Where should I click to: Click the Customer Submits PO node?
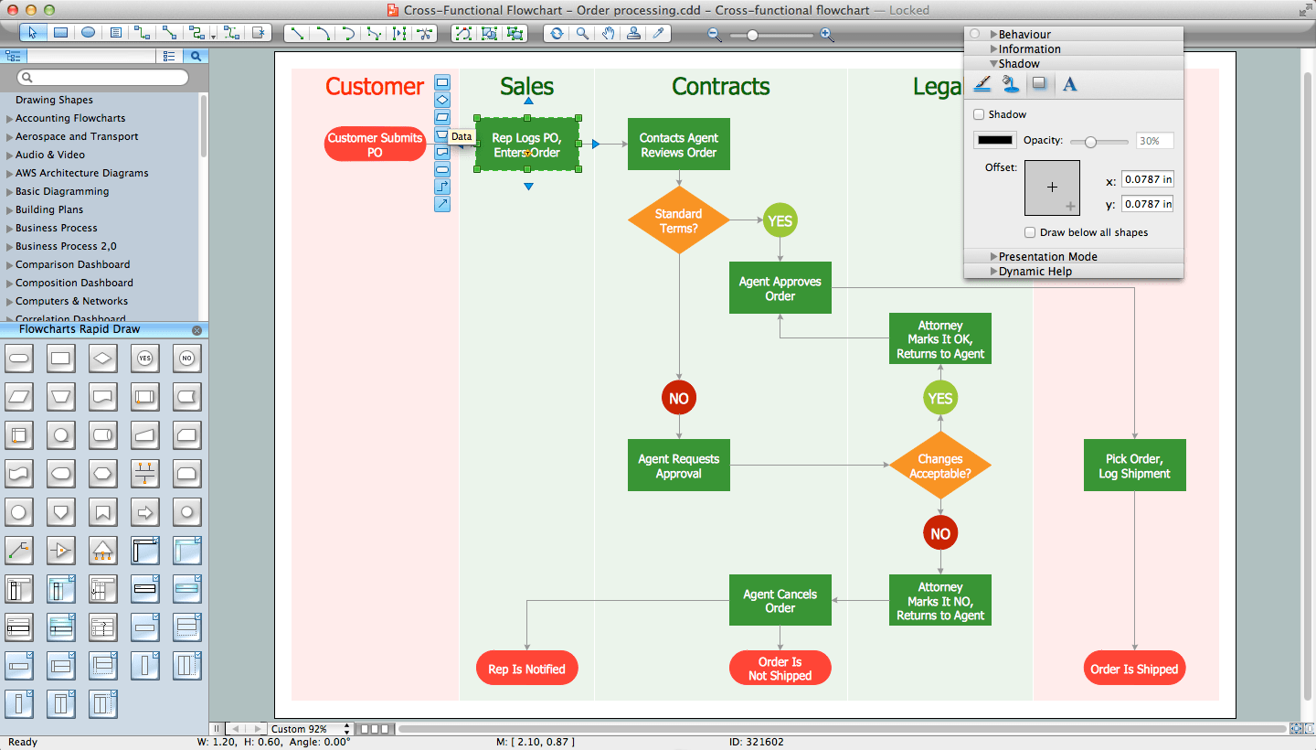tap(375, 145)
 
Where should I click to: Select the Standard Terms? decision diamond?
tap(678, 220)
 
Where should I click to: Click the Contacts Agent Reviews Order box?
tap(678, 145)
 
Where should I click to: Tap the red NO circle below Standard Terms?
tap(678, 398)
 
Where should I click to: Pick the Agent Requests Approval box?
tap(678, 466)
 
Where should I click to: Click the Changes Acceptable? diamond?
tap(939, 466)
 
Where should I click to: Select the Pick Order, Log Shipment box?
tap(1134, 466)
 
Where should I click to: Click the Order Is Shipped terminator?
tap(1134, 669)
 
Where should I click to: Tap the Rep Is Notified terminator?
tap(526, 669)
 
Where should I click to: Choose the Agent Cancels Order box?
tap(780, 600)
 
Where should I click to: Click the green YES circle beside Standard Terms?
tap(780, 220)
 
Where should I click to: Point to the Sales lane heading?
tap(526, 87)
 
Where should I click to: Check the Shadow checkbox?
tap(979, 114)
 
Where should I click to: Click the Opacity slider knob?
tap(1088, 141)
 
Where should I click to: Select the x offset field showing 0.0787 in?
tap(1147, 179)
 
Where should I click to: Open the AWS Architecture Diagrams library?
tap(81, 173)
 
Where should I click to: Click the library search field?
tap(105, 78)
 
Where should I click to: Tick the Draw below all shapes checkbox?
tap(1030, 232)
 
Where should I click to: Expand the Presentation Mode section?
tap(1047, 256)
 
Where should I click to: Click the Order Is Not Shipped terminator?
tap(780, 669)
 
